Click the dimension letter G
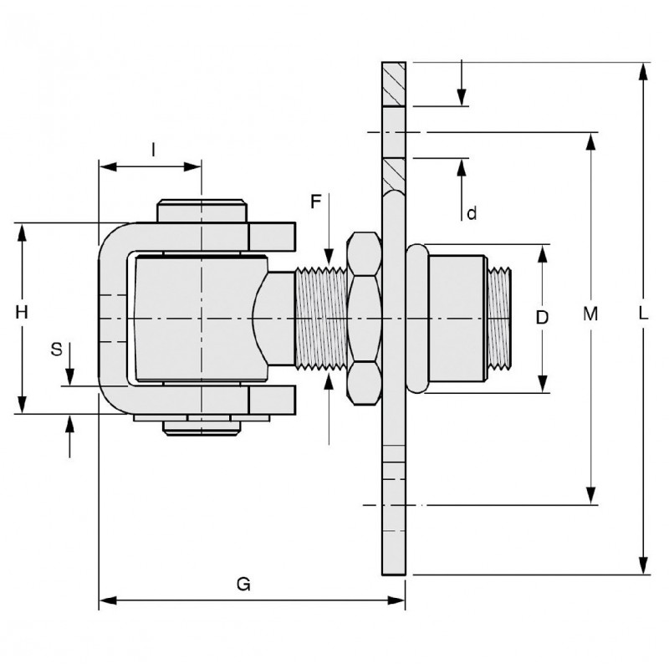pos(243,585)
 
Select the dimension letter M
pos(591,314)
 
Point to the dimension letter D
pos(542,318)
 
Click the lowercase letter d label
pos(472,214)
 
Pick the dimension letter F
pos(316,202)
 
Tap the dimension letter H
pos(23,313)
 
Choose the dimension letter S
pos(57,350)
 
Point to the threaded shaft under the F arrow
pos(322,317)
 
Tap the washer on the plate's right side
pos(416,317)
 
